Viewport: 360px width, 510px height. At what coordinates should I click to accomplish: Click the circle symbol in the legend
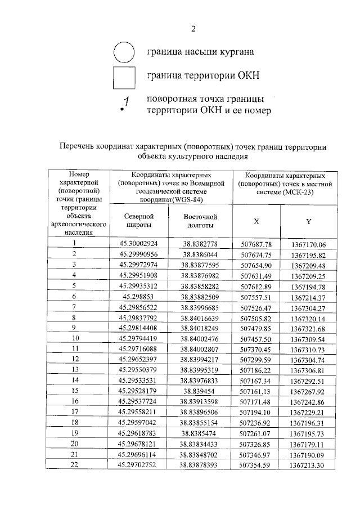point(124,52)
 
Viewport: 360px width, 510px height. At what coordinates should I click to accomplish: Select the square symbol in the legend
point(124,77)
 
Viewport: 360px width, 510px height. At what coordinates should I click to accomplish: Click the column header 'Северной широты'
point(138,221)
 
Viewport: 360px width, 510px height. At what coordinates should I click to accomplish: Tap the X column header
point(256,221)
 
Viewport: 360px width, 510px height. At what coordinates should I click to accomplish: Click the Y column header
point(308,221)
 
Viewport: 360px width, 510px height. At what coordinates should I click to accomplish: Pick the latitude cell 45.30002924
point(138,244)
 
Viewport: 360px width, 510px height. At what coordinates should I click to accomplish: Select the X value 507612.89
point(256,286)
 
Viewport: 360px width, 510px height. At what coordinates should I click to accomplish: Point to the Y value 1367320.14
point(309,318)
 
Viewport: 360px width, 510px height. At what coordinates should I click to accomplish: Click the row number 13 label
point(74,369)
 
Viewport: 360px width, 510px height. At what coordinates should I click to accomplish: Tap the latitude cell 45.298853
point(138,296)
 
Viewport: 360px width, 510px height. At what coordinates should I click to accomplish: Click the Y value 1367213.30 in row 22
point(309,465)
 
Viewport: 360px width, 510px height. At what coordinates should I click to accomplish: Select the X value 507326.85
point(256,444)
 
